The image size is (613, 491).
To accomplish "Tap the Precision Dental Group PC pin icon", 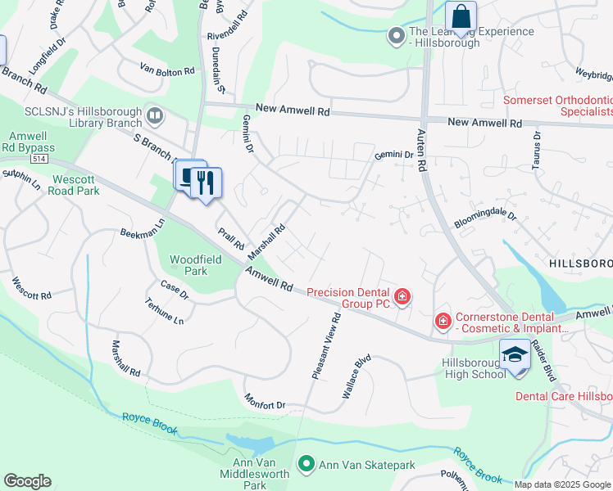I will pyautogui.click(x=402, y=296).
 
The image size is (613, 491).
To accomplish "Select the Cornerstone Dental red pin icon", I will pyautogui.click(x=443, y=320).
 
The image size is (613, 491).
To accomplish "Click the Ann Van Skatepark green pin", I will pyautogui.click(x=307, y=465).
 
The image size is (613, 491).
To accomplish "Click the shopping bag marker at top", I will pyautogui.click(x=461, y=16).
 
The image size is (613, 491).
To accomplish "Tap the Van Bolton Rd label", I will pyautogui.click(x=167, y=71).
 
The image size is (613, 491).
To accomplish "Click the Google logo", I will pyautogui.click(x=27, y=481).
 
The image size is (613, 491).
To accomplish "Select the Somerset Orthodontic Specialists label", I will pyautogui.click(x=556, y=106).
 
